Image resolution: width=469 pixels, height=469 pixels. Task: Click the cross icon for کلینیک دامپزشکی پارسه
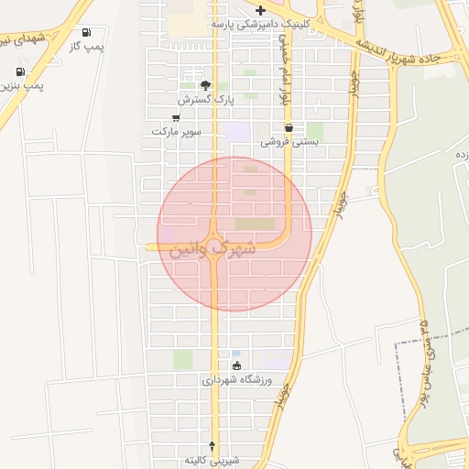(x=261, y=11)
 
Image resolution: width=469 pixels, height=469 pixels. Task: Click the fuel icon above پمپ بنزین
(x=20, y=71)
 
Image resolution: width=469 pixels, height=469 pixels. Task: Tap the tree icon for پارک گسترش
(x=206, y=84)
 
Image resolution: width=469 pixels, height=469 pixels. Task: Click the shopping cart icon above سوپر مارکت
(x=176, y=118)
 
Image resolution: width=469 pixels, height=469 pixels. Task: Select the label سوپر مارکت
(x=176, y=132)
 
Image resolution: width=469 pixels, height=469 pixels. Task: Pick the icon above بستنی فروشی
(x=289, y=128)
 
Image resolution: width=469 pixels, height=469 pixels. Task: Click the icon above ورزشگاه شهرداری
(x=237, y=366)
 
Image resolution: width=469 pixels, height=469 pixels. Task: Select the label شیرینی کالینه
(x=212, y=459)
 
